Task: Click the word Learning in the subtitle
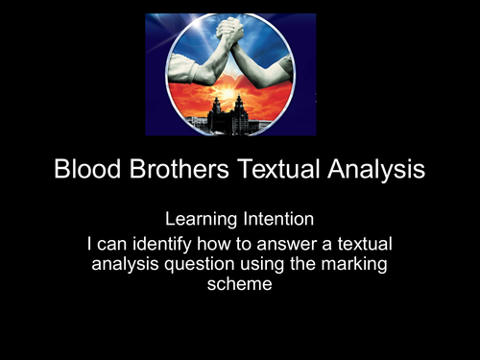(x=204, y=223)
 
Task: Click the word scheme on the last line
(x=240, y=284)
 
